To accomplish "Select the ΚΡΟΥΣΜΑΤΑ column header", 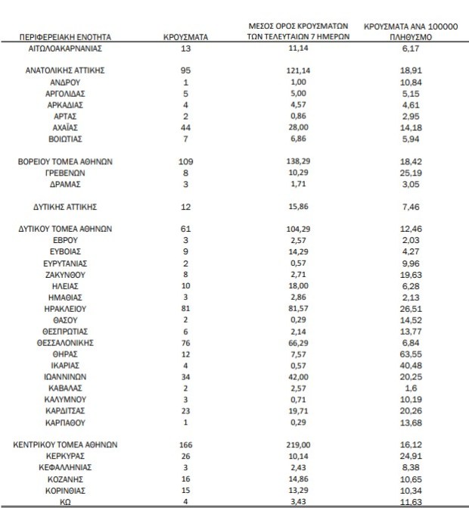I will [186, 36].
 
